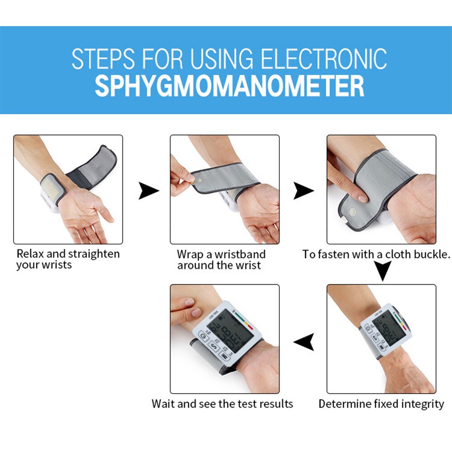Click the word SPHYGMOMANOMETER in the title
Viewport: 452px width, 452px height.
coord(229,86)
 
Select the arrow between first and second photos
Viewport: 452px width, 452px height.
coord(148,191)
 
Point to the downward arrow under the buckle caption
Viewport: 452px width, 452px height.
coord(383,272)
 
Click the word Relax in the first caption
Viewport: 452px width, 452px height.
coord(29,254)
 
